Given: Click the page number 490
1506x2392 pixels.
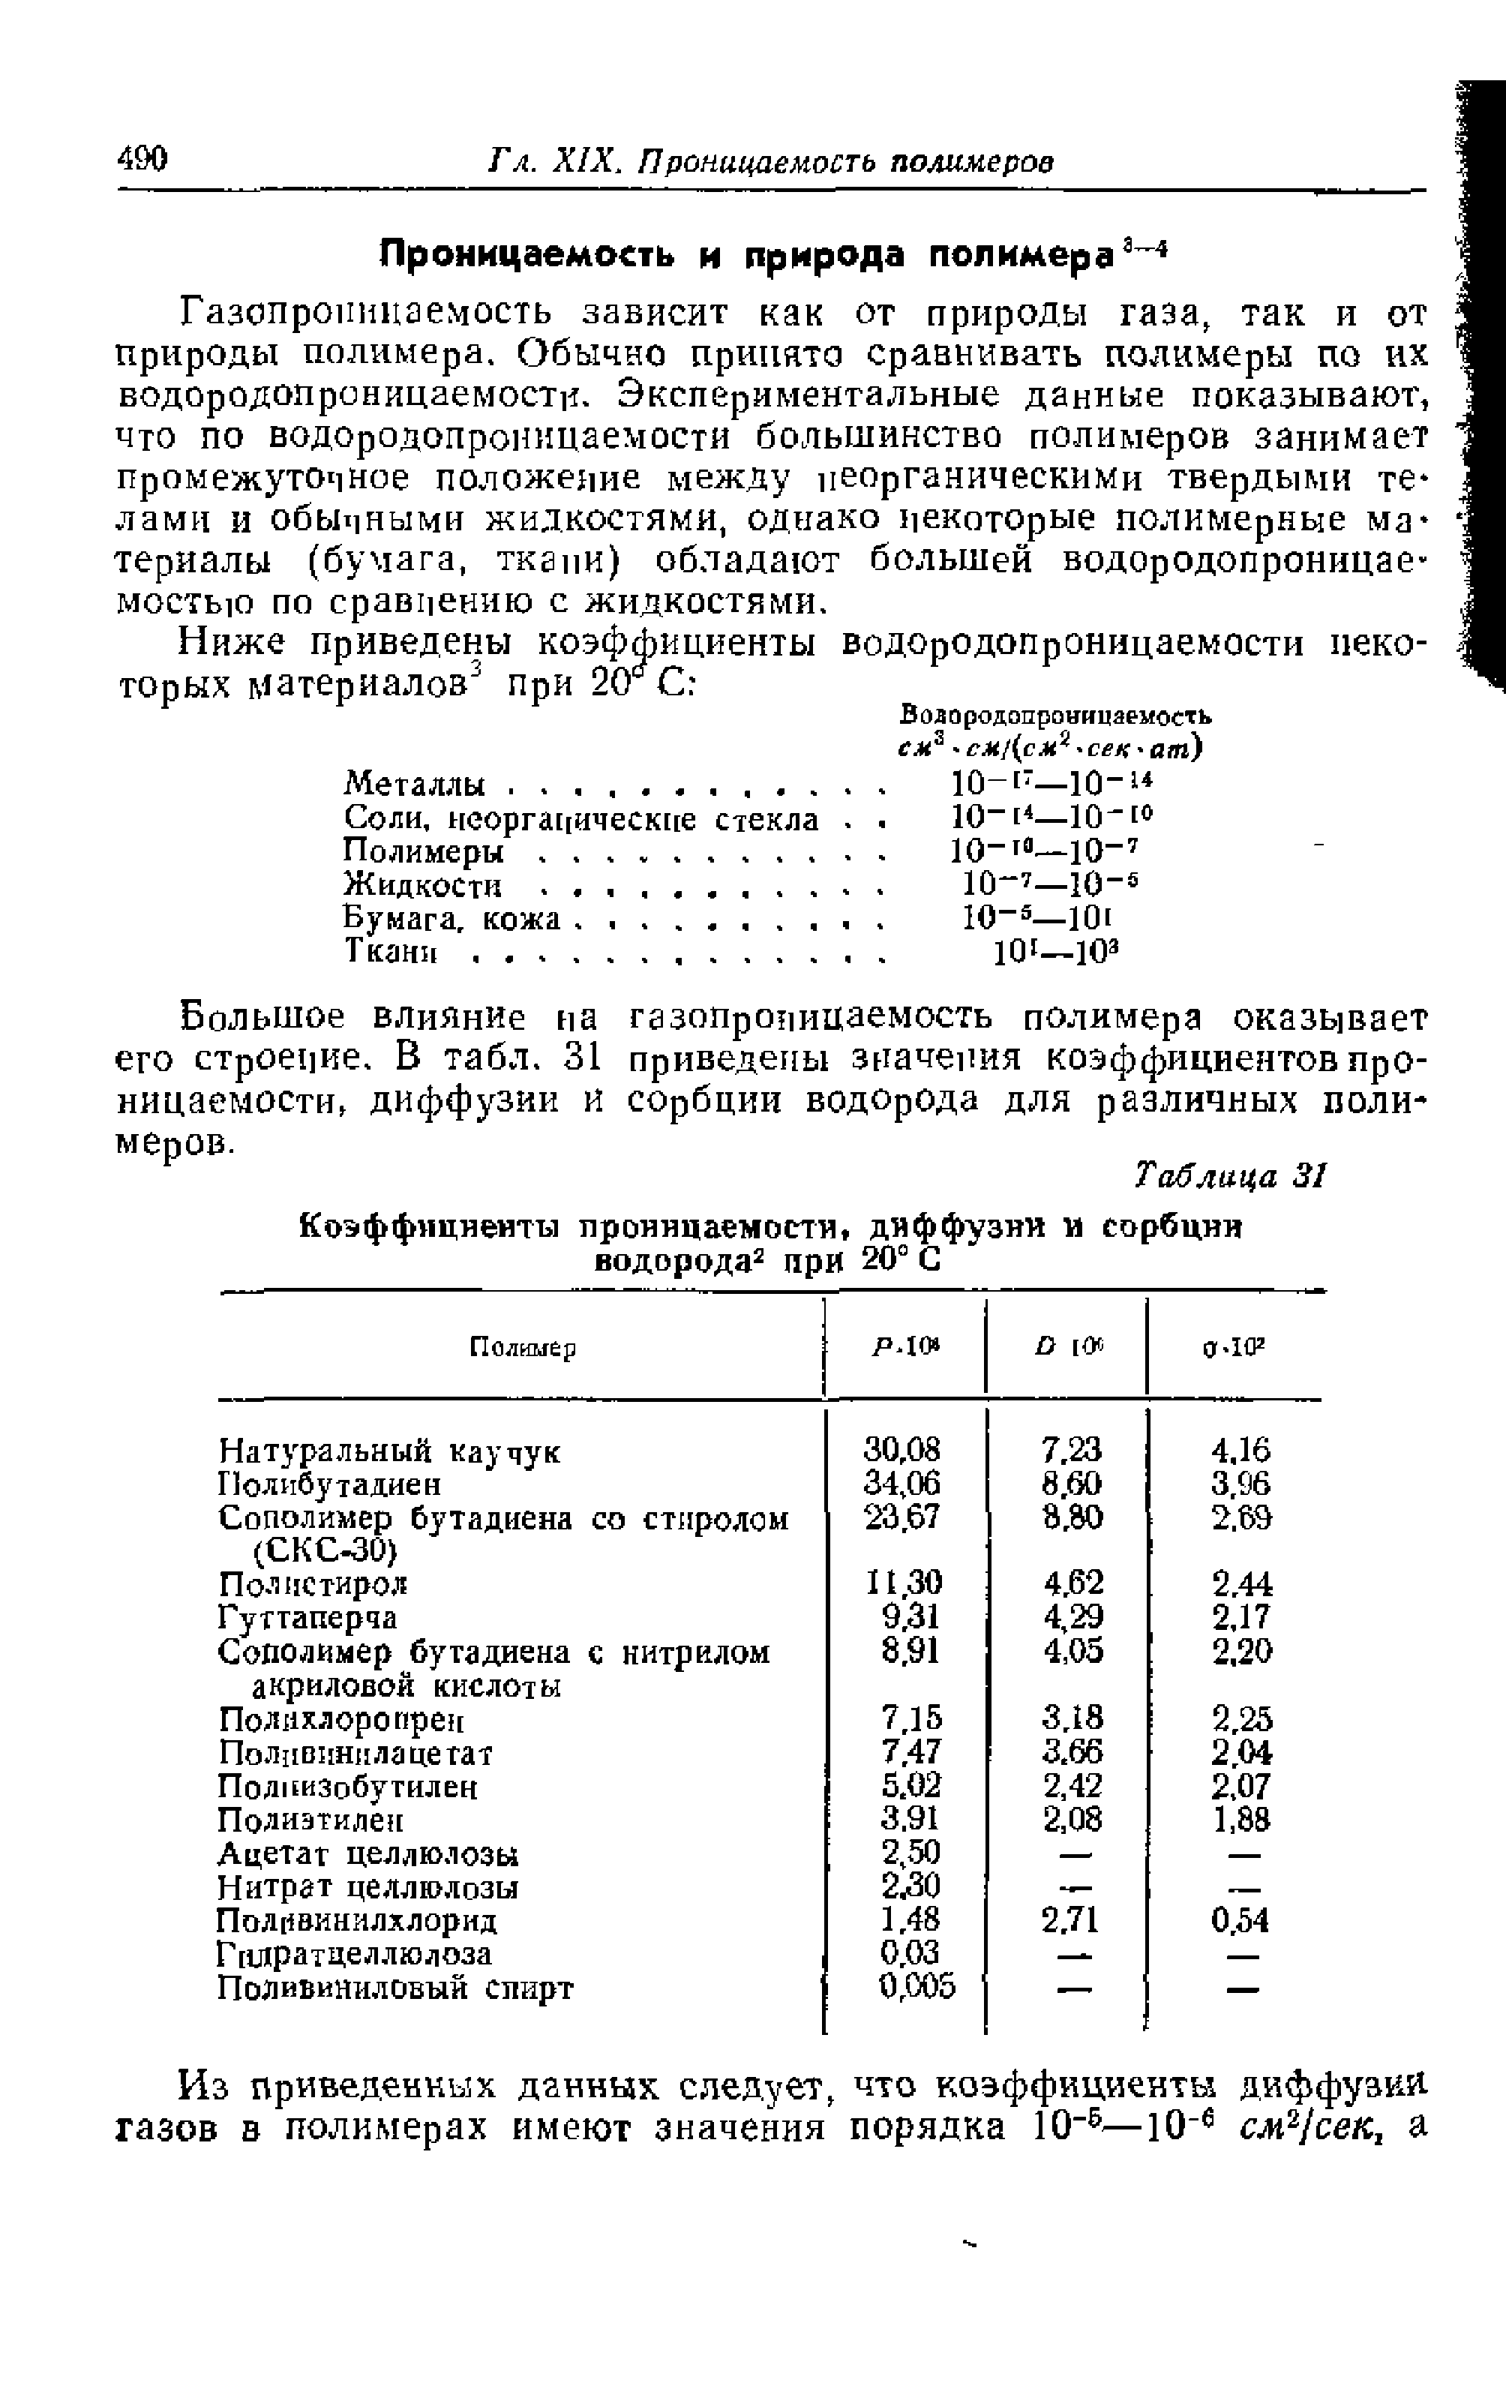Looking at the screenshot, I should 142,158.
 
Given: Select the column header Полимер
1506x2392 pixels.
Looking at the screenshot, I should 523,1348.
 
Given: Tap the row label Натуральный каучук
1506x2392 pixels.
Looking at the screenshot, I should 389,1451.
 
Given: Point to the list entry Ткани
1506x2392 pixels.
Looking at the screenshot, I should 391,952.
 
